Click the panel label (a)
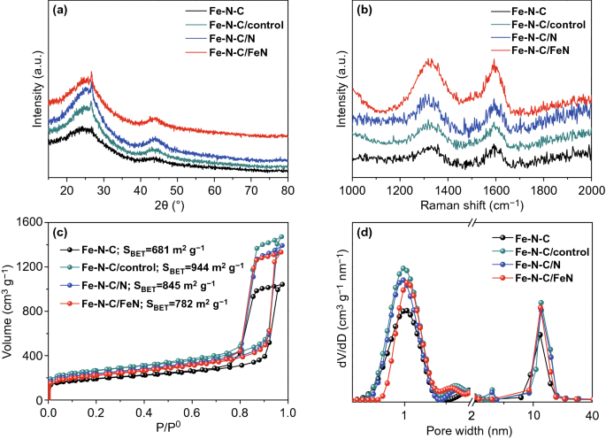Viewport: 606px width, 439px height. tap(62, 12)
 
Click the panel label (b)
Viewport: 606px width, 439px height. tap(365, 12)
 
